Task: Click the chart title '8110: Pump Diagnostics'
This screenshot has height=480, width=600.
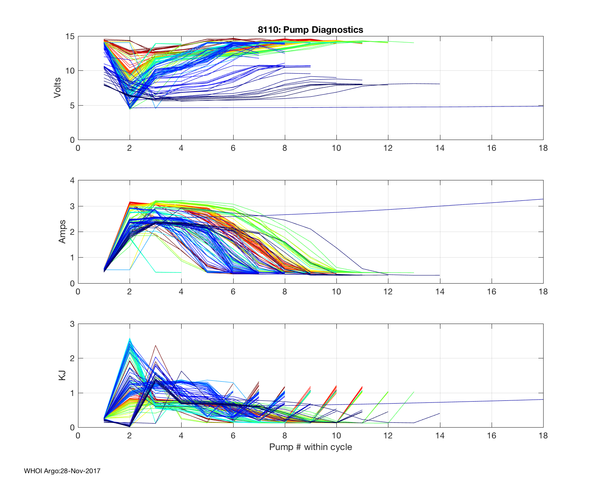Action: pyautogui.click(x=310, y=30)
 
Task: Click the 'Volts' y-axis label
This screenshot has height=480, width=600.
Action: pyautogui.click(x=58, y=88)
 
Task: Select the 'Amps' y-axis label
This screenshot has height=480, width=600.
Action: pyautogui.click(x=62, y=232)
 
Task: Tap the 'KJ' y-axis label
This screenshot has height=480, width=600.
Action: pyautogui.click(x=62, y=375)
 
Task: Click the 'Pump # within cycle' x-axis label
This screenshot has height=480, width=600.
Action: pyautogui.click(x=310, y=447)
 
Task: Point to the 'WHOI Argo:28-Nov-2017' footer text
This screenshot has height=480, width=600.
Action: pyautogui.click(x=62, y=471)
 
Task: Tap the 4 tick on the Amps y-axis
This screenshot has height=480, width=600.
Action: pyautogui.click(x=72, y=180)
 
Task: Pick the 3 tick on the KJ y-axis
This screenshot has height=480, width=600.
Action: pyautogui.click(x=72, y=324)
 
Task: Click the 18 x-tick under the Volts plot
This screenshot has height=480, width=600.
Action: pyautogui.click(x=543, y=148)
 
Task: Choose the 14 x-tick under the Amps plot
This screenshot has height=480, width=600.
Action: pyautogui.click(x=440, y=292)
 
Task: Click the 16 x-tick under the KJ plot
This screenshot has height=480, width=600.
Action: pyautogui.click(x=491, y=436)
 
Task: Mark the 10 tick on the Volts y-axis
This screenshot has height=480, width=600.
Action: pyautogui.click(x=70, y=71)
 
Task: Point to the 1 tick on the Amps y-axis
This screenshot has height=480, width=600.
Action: pyautogui.click(x=72, y=258)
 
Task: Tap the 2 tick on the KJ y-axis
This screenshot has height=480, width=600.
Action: pyautogui.click(x=72, y=358)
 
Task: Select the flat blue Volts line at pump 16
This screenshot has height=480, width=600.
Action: pyautogui.click(x=491, y=106)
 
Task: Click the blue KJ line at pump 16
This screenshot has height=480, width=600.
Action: pyautogui.click(x=491, y=401)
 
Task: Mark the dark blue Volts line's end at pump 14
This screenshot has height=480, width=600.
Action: pyautogui.click(x=440, y=84)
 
